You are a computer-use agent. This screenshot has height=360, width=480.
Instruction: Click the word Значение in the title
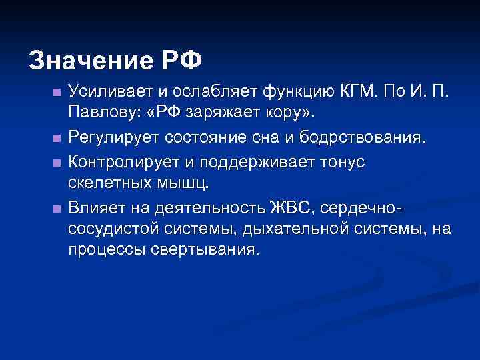click(90, 61)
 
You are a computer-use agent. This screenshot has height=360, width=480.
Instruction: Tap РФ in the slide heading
click(180, 61)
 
